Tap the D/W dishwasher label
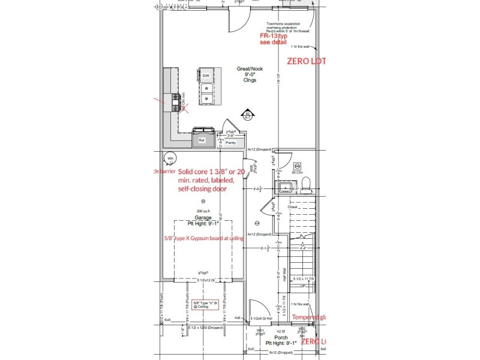point(205,76)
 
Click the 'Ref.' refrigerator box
point(202,141)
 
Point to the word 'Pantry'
point(231,143)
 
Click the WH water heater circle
point(170,158)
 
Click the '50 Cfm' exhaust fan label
point(298,172)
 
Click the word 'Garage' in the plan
point(203,217)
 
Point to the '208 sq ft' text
point(203,211)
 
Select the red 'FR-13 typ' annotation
point(274,36)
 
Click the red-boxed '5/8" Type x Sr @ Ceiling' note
point(204,305)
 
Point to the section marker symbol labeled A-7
point(247,116)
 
